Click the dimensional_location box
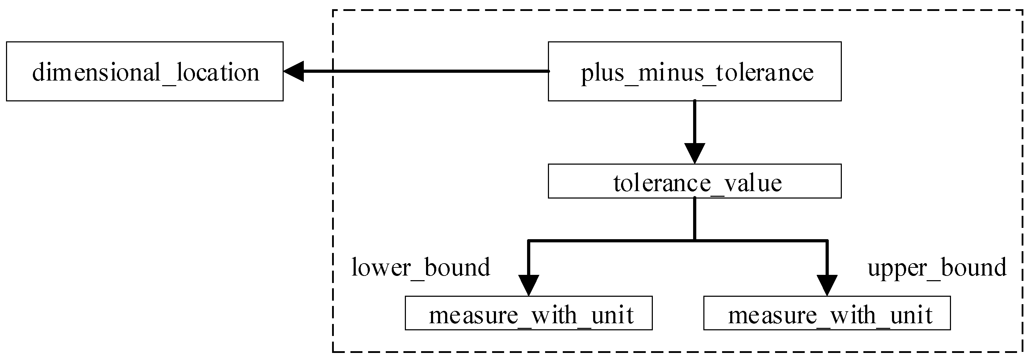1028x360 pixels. tap(144, 71)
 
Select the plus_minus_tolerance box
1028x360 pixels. tap(695, 71)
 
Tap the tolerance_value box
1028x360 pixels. tap(695, 181)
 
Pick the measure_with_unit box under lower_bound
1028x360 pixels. tap(528, 313)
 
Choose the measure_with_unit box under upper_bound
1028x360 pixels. tap(827, 313)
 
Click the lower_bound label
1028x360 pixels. tap(421, 267)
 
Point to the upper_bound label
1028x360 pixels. tap(937, 267)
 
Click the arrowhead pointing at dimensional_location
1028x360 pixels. tap(294, 71)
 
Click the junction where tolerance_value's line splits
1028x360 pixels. tap(695, 240)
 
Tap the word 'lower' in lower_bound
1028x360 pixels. tap(381, 267)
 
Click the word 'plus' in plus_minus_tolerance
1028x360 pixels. tap(602, 73)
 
